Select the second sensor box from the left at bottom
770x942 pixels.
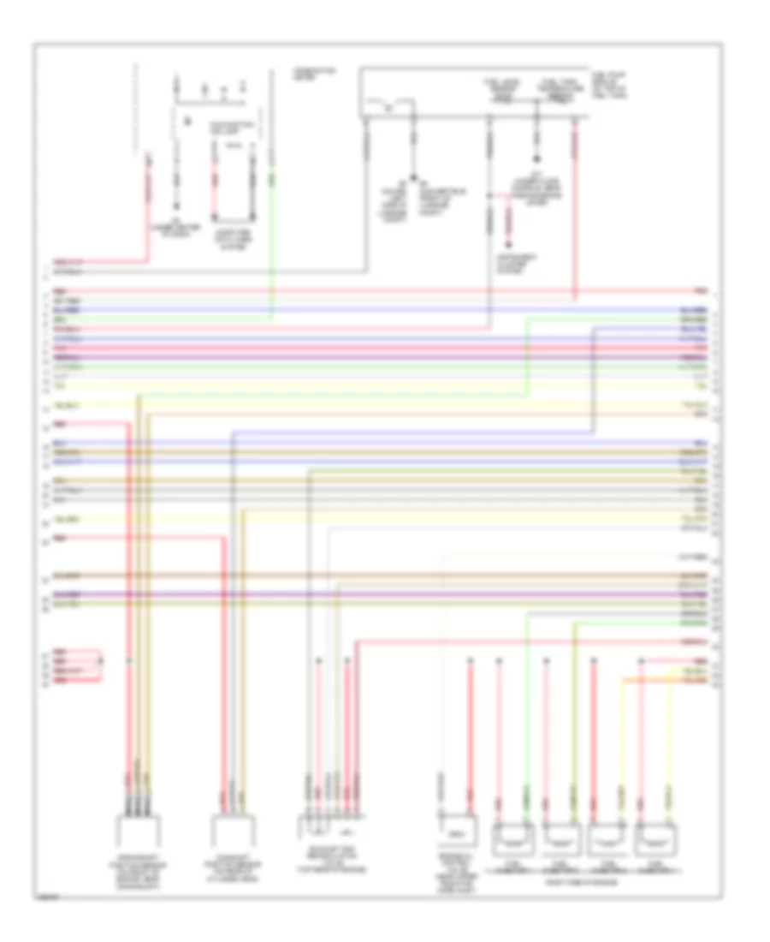(234, 832)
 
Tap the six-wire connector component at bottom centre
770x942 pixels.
(329, 829)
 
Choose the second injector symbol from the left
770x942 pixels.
(560, 834)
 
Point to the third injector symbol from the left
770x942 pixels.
(607, 834)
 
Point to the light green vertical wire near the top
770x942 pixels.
(272, 240)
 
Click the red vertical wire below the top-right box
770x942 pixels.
(575, 214)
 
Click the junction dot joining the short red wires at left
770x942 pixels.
(101, 661)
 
